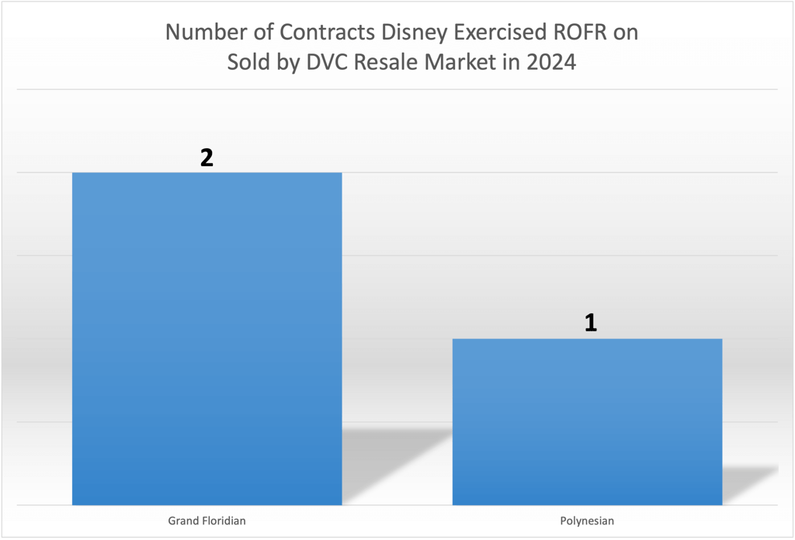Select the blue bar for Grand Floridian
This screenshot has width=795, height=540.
(207, 338)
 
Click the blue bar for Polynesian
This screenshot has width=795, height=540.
(587, 421)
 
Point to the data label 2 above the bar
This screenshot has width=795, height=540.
(207, 157)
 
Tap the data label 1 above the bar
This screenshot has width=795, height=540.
(590, 324)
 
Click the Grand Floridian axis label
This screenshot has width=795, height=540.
(207, 521)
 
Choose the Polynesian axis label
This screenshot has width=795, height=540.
(587, 521)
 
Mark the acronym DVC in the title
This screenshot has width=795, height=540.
(328, 62)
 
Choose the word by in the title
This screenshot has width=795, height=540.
(289, 62)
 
